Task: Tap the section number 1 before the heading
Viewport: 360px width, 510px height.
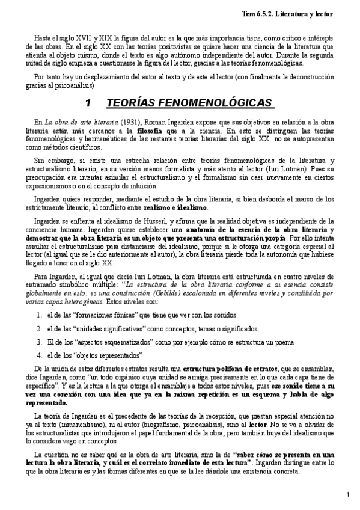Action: point(88,103)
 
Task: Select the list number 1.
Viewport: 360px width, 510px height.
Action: point(38,315)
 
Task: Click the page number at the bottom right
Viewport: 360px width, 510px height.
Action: point(348,494)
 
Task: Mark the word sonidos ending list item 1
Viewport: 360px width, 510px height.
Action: point(224,315)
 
